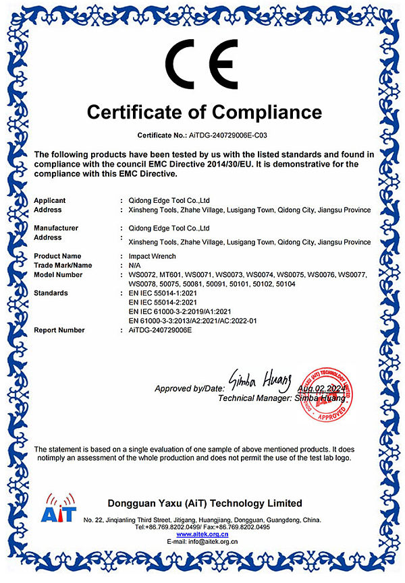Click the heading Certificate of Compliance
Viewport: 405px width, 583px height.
point(204,111)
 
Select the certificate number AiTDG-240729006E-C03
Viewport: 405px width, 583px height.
point(226,135)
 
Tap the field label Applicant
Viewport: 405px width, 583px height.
point(50,200)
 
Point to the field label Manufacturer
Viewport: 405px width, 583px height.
point(56,228)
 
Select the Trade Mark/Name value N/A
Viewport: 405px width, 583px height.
point(135,266)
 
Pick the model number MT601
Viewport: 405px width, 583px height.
point(171,275)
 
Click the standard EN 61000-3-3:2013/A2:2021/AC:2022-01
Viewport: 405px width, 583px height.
point(192,321)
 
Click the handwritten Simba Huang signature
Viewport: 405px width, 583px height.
point(260,380)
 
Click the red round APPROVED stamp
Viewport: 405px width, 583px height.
point(327,394)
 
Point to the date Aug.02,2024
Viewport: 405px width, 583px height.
point(321,389)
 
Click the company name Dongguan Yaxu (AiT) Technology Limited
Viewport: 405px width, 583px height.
point(205,503)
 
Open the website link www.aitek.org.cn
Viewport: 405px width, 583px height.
point(202,534)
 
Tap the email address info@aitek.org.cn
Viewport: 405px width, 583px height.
point(212,542)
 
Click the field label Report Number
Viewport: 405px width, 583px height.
point(59,330)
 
